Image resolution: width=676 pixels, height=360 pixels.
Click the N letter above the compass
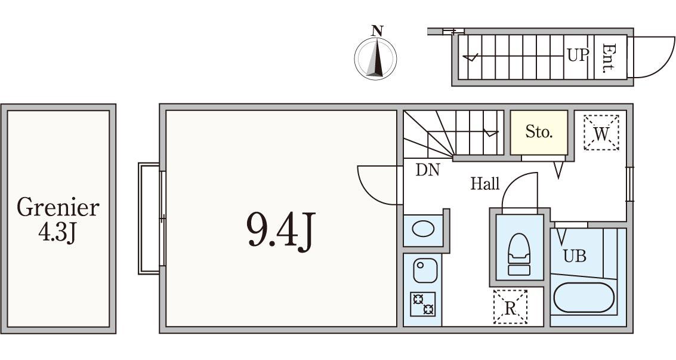(x=377, y=30)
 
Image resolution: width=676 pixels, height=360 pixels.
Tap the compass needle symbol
(x=375, y=59)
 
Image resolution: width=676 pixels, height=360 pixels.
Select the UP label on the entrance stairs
(x=578, y=55)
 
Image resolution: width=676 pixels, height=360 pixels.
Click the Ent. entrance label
(x=609, y=58)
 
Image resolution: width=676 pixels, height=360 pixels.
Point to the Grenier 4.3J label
(x=58, y=220)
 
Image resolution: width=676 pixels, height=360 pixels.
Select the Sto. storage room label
(x=539, y=131)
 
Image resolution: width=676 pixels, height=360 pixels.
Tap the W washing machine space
(x=601, y=133)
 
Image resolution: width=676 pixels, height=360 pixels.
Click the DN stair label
(x=427, y=170)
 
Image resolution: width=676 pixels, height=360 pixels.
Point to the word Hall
(x=485, y=184)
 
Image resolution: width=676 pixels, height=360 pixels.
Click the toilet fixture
(x=519, y=254)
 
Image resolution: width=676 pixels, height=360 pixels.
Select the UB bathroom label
(x=575, y=257)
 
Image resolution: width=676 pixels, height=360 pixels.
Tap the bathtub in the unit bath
(x=584, y=297)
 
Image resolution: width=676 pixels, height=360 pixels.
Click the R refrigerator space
(x=511, y=307)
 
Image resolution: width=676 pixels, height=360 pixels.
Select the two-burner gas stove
(x=422, y=304)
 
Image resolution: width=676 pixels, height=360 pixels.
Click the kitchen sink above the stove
(x=425, y=270)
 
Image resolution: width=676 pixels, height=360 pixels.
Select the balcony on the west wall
(x=149, y=218)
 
